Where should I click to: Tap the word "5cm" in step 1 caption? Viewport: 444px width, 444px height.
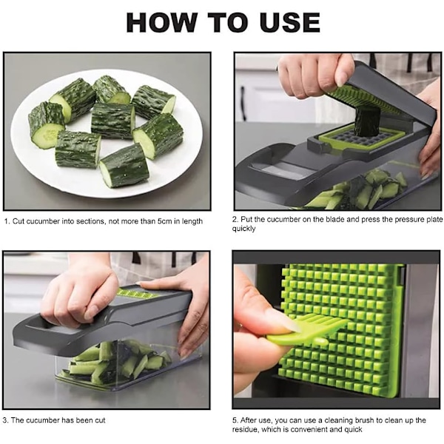coord(164,221)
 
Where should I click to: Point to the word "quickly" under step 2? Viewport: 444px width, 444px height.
coord(243,229)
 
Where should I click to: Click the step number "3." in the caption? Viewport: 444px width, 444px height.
coord(6,420)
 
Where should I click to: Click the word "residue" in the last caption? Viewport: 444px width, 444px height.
coord(245,429)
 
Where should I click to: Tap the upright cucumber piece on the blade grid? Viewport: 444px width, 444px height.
coord(367,121)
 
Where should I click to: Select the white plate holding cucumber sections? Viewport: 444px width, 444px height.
coord(107,133)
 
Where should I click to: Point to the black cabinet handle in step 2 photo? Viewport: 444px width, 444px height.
coord(243,103)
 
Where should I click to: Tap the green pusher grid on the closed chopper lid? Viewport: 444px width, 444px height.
coord(138,294)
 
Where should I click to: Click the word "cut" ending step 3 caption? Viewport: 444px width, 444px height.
coord(100,420)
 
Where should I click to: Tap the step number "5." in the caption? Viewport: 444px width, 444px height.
coord(235,420)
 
